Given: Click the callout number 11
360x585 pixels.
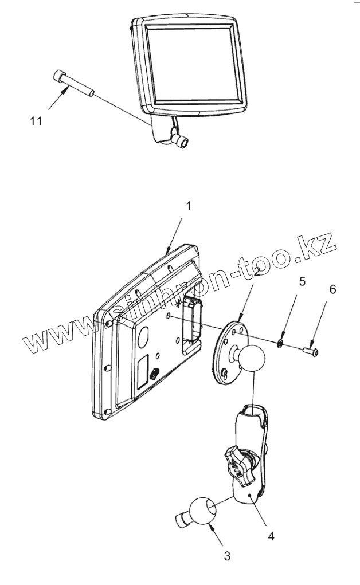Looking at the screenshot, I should [36, 121].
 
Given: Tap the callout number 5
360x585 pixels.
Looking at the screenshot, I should [302, 281].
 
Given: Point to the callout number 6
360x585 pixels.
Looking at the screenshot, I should [332, 289].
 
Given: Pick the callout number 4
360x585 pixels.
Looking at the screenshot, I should [271, 536].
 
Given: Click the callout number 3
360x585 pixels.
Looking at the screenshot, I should [227, 555].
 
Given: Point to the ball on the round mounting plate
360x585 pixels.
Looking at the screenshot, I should [251, 358].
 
